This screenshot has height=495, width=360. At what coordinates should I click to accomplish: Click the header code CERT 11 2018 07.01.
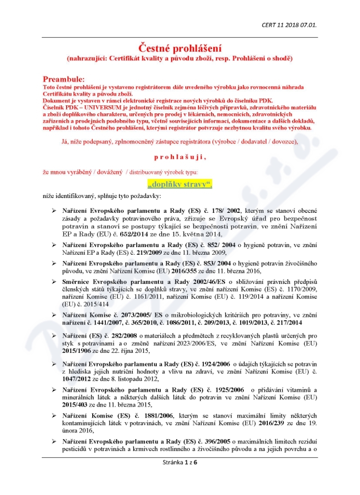(x=289, y=25)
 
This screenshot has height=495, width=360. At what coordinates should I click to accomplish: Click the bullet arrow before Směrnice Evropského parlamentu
(x=54, y=282)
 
